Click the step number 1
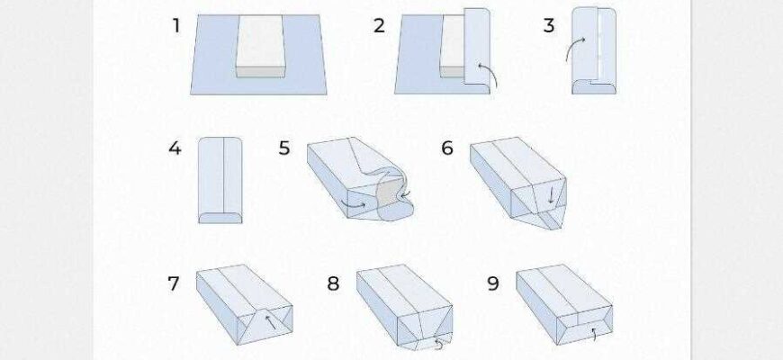[175, 25]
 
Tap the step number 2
[380, 25]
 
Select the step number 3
[549, 25]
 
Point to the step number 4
[175, 148]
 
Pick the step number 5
[284, 148]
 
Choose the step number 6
[447, 148]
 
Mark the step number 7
[174, 283]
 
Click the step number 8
[333, 283]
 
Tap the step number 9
[493, 283]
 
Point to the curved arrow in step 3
[574, 48]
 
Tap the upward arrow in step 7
[270, 321]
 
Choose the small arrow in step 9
[593, 334]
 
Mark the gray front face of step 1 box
[260, 72]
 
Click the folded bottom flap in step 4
[220, 218]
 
